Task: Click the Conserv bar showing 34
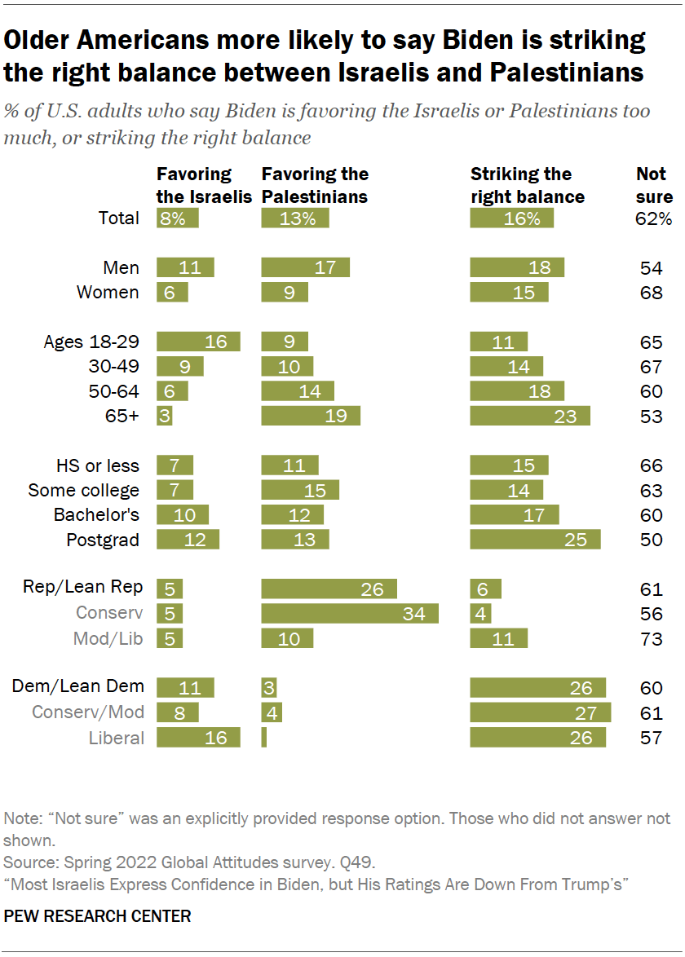tap(350, 614)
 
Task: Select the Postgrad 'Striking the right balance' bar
tap(535, 540)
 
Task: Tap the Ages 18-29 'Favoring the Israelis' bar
tap(198, 342)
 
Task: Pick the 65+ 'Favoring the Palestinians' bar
tap(311, 416)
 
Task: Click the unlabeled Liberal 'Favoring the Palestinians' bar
tap(263, 738)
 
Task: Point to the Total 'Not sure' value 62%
tap(655, 218)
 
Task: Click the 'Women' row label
tap(108, 293)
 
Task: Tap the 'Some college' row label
tap(84, 490)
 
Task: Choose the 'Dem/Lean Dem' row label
tap(77, 687)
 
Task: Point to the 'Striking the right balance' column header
tap(528, 185)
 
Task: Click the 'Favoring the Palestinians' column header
tap(314, 185)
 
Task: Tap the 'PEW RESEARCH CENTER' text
tap(98, 916)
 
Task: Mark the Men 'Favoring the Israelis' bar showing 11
tap(185, 268)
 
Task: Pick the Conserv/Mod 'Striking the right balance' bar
tap(541, 712)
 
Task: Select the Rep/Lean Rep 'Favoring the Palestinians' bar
tap(329, 589)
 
